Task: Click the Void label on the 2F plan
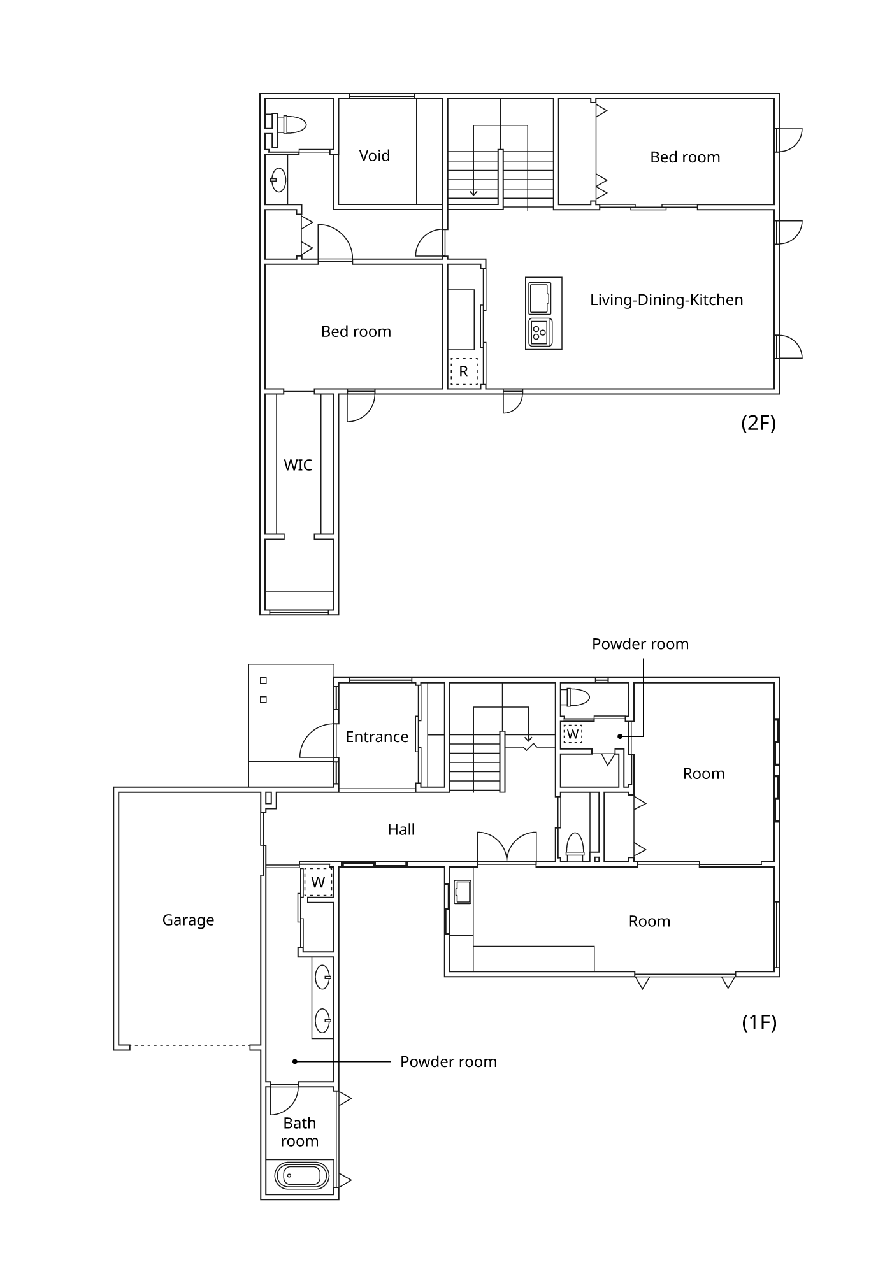point(374,155)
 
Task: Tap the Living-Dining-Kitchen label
point(666,300)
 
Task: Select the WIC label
point(298,465)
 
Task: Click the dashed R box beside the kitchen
point(464,371)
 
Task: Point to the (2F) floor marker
point(758,423)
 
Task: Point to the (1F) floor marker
point(759,1022)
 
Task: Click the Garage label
point(188,920)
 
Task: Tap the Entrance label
point(377,737)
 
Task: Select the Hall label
point(401,829)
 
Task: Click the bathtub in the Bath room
point(303,1176)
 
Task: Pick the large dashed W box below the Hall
point(318,882)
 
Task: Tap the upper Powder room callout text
point(640,644)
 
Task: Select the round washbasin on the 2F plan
point(278,180)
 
